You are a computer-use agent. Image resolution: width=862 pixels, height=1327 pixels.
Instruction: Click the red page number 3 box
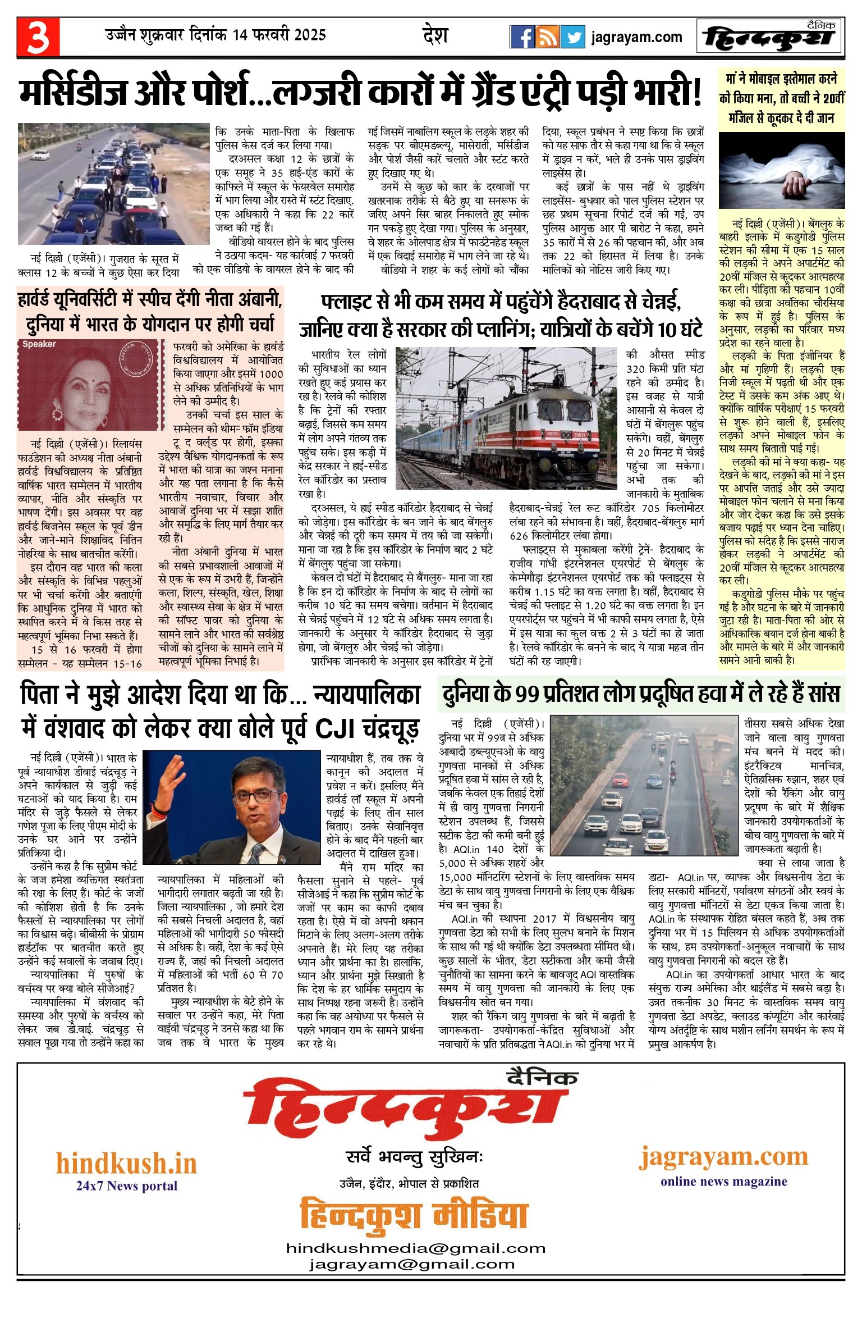[x=38, y=37]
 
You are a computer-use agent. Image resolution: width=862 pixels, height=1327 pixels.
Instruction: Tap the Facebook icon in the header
[x=522, y=37]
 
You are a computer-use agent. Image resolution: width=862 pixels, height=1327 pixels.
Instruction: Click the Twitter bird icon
[x=572, y=37]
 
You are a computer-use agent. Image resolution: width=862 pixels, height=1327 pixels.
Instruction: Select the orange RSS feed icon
[x=547, y=37]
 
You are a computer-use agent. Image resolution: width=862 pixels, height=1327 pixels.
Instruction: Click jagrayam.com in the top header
[x=636, y=38]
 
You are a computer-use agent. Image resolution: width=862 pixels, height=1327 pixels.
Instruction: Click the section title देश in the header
[x=435, y=36]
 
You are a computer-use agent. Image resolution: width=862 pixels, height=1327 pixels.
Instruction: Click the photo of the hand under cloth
[x=781, y=171]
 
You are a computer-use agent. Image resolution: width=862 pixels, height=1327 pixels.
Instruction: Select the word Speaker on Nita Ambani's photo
[x=39, y=344]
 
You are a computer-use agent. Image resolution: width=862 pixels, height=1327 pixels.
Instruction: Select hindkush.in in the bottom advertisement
[x=126, y=1163]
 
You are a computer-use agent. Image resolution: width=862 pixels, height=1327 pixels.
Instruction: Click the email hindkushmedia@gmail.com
[x=416, y=1248]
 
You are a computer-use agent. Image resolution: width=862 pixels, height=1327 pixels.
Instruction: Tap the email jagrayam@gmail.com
[x=412, y=1265]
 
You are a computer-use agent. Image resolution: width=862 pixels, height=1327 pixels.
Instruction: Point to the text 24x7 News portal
[x=127, y=1186]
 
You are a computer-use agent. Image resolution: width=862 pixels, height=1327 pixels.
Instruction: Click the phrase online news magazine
[x=723, y=1182]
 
